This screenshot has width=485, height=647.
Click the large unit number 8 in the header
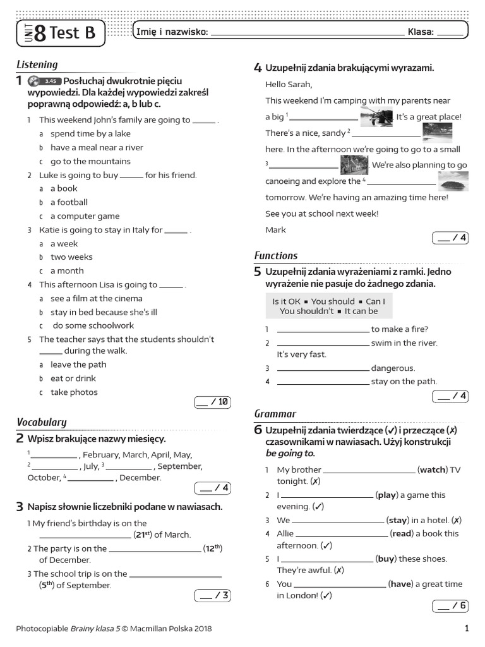[x=40, y=33]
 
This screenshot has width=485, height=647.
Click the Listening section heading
[x=37, y=64]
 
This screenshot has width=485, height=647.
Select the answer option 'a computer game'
[x=85, y=216]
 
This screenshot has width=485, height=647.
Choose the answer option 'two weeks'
[x=71, y=257]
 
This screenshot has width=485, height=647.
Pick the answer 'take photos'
[x=74, y=392]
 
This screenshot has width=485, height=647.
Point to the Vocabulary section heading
[x=41, y=422]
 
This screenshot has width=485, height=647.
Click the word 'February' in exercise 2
[x=102, y=455]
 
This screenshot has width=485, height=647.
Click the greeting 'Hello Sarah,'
[x=289, y=84]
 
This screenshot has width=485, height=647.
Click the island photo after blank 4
[x=453, y=181]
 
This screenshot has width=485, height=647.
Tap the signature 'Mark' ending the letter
[x=275, y=230]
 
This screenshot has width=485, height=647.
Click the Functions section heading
[x=275, y=256]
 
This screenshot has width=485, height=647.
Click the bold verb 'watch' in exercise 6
[x=433, y=470]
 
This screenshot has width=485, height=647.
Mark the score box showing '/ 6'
[x=450, y=607]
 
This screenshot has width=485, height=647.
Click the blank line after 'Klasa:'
[x=449, y=33]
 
